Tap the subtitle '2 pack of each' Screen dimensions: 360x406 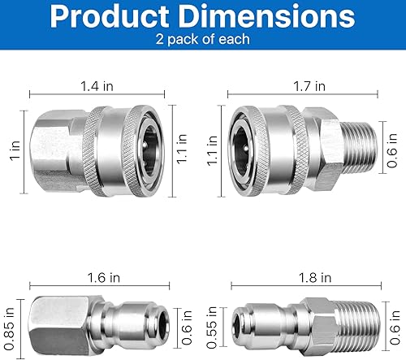pyautogui.click(x=202, y=40)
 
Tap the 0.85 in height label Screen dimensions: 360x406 pyautogui.click(x=9, y=323)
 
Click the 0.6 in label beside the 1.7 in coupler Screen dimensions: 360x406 pyautogui.click(x=392, y=147)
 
